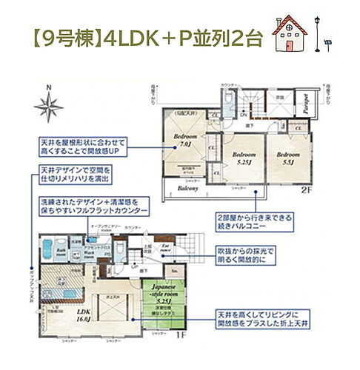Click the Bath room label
(61, 255)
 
